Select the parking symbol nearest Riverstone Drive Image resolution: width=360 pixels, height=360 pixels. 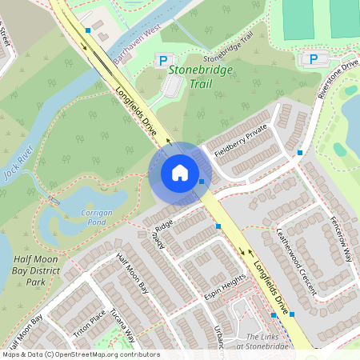[313, 59]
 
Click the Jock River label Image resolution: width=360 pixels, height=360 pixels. [18, 164]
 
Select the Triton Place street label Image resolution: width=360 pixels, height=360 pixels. [89, 324]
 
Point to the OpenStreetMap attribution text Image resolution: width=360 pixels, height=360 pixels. [80, 354]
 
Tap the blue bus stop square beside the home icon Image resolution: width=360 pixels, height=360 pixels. [202, 182]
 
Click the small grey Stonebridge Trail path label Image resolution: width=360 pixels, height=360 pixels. [228, 47]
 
